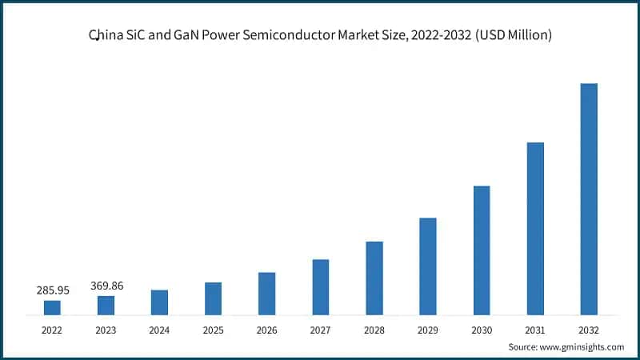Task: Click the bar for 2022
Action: [52, 307]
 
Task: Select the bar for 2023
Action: [106, 305]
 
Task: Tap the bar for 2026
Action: [266, 294]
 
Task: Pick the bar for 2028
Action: [374, 278]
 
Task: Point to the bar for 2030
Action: [482, 250]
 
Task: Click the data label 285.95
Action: [53, 290]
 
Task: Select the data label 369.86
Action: [106, 286]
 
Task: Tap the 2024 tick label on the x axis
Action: [159, 329]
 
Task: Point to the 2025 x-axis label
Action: [213, 329]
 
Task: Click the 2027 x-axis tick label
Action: [320, 329]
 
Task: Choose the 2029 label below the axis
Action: [428, 329]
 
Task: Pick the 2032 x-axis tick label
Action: [589, 329]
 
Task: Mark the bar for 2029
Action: [428, 266]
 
